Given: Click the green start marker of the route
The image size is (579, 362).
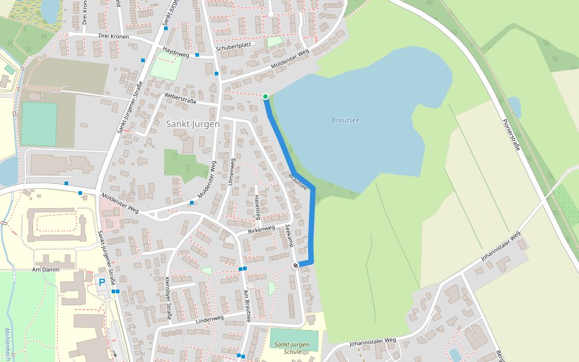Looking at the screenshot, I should [265, 96].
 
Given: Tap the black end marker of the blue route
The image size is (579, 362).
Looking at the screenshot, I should [296, 265].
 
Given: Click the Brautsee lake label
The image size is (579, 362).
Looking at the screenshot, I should [345, 120].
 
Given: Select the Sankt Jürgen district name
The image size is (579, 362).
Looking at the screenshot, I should [192, 124].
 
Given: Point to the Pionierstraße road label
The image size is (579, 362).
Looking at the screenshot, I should [511, 133].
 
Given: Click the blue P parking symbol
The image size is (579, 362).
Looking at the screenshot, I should [102, 282].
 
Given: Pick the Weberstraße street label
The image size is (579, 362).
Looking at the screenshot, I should [180, 98].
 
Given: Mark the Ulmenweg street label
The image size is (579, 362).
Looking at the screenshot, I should [231, 171].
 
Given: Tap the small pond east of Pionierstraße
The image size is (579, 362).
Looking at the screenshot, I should [514, 106].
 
